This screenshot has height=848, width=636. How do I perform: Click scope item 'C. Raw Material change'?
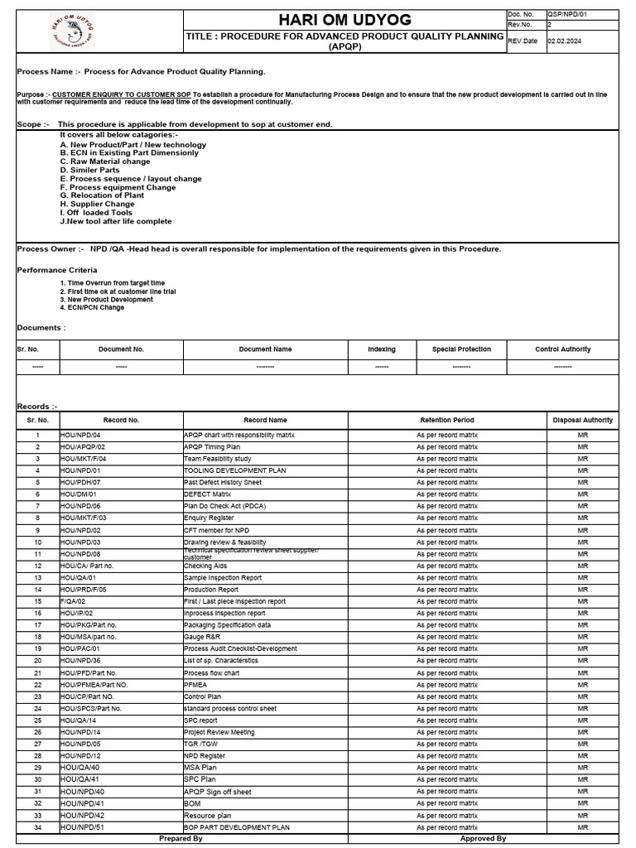[x=105, y=161]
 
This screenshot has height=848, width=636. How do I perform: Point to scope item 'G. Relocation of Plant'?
[x=102, y=195]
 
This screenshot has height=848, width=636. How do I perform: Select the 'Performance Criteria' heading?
[x=57, y=270]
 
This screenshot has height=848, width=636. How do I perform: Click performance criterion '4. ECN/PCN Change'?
[x=92, y=307]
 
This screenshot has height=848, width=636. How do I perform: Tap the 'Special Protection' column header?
[x=461, y=349]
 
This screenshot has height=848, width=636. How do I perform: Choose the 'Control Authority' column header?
[x=563, y=349]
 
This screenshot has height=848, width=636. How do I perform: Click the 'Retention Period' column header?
[x=447, y=420]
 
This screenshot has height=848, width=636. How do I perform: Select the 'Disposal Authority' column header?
[x=583, y=420]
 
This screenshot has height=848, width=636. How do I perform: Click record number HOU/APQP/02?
[x=83, y=446]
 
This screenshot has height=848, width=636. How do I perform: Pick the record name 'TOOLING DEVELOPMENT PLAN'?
[x=234, y=470]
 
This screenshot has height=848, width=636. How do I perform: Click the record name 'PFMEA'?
[x=195, y=685]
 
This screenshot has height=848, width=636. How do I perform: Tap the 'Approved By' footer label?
[x=483, y=839]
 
